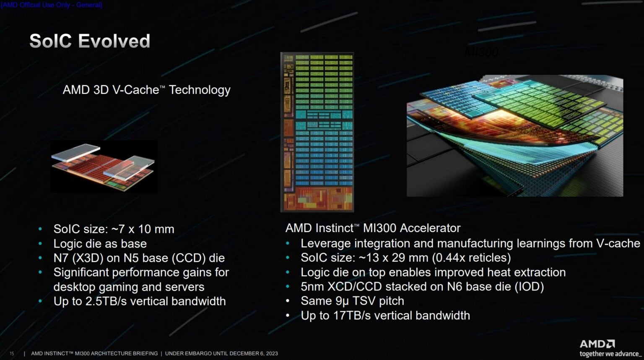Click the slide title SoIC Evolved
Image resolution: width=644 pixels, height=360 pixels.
click(90, 42)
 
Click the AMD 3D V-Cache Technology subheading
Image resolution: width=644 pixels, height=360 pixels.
click(146, 90)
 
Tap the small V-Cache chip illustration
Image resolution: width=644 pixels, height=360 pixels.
click(104, 167)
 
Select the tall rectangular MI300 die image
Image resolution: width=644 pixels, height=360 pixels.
click(317, 132)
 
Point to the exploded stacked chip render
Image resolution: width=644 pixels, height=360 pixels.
click(514, 136)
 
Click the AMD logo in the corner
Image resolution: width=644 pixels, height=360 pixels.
click(597, 344)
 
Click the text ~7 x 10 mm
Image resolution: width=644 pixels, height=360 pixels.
click(143, 229)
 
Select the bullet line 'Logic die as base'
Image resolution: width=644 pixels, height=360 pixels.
click(100, 244)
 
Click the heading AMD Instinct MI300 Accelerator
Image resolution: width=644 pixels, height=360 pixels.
click(373, 228)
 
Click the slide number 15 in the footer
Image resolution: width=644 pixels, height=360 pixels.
click(12, 354)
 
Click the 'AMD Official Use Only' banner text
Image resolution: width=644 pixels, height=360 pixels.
click(51, 5)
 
